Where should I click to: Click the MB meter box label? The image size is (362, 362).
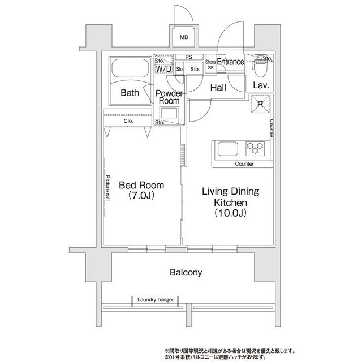[x=184, y=37]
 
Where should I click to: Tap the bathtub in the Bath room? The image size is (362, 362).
[x=130, y=68]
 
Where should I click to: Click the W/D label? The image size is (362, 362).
[x=163, y=68]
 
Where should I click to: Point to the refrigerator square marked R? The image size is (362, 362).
[x=260, y=104]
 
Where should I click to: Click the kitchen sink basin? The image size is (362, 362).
[x=228, y=149]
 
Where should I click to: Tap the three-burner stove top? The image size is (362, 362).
[x=255, y=148]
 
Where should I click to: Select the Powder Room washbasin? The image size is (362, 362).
[x=169, y=113]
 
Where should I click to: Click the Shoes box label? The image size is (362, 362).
[x=210, y=64]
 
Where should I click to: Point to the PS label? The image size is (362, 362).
[x=189, y=57]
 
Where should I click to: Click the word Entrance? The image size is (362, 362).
[x=230, y=62]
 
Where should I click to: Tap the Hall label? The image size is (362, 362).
[x=218, y=88]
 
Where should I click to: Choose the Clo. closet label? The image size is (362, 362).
[x=128, y=121]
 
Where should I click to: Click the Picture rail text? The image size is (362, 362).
[x=108, y=188]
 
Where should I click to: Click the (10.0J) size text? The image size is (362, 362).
[x=231, y=213]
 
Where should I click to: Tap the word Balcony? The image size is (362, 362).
[x=186, y=273]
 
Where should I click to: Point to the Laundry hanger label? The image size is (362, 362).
[x=156, y=300]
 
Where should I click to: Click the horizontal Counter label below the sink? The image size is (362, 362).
[x=244, y=164]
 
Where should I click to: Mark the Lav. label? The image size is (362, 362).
[x=261, y=85]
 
